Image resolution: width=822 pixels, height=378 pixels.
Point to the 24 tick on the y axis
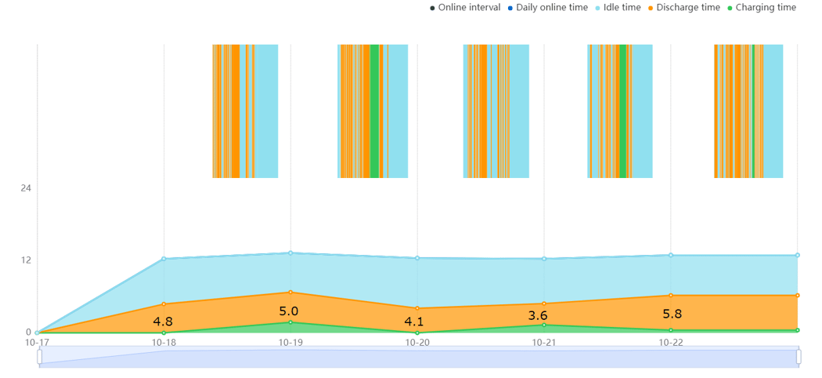[26, 188]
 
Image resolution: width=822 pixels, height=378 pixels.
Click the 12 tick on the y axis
[26, 260]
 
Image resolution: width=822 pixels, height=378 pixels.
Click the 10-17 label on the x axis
[37, 343]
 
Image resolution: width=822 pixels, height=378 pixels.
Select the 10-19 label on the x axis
[290, 343]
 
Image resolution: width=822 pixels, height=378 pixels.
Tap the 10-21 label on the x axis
[544, 343]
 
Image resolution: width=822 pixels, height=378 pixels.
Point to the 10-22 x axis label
[671, 343]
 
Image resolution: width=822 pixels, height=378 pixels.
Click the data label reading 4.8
[163, 322]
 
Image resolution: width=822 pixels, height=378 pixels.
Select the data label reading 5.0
[289, 311]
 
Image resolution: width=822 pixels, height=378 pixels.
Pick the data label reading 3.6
[538, 316]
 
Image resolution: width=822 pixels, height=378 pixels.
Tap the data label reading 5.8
[672, 314]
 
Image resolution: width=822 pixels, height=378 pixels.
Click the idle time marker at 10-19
[290, 253]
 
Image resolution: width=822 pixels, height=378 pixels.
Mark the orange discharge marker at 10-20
[417, 308]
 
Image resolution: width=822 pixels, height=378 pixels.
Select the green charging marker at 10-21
[544, 325]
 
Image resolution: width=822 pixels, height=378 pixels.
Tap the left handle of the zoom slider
[40, 357]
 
